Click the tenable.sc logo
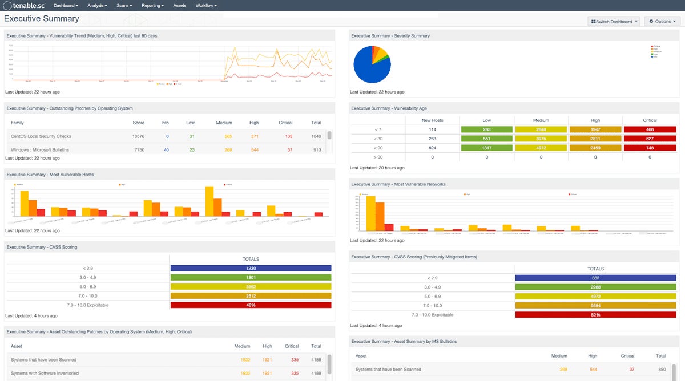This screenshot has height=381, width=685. point(24,6)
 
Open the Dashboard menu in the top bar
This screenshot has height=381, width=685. point(66,5)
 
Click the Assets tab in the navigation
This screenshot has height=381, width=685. point(179,5)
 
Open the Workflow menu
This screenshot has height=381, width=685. point(205,5)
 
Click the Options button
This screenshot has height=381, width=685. point(662,22)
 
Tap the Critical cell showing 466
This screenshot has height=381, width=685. point(650,130)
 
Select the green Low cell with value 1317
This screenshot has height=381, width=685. point(487,147)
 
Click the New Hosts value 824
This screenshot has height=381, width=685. point(432,147)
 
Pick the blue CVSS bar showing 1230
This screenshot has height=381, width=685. point(251,268)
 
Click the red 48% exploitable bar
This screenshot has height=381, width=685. point(251,305)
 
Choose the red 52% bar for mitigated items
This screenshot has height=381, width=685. point(595,315)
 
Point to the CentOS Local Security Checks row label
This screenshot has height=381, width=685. point(41,136)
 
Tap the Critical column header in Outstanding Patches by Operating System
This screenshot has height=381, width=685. point(285,123)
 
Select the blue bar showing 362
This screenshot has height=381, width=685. point(595,278)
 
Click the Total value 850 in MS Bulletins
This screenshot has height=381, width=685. point(660,370)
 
